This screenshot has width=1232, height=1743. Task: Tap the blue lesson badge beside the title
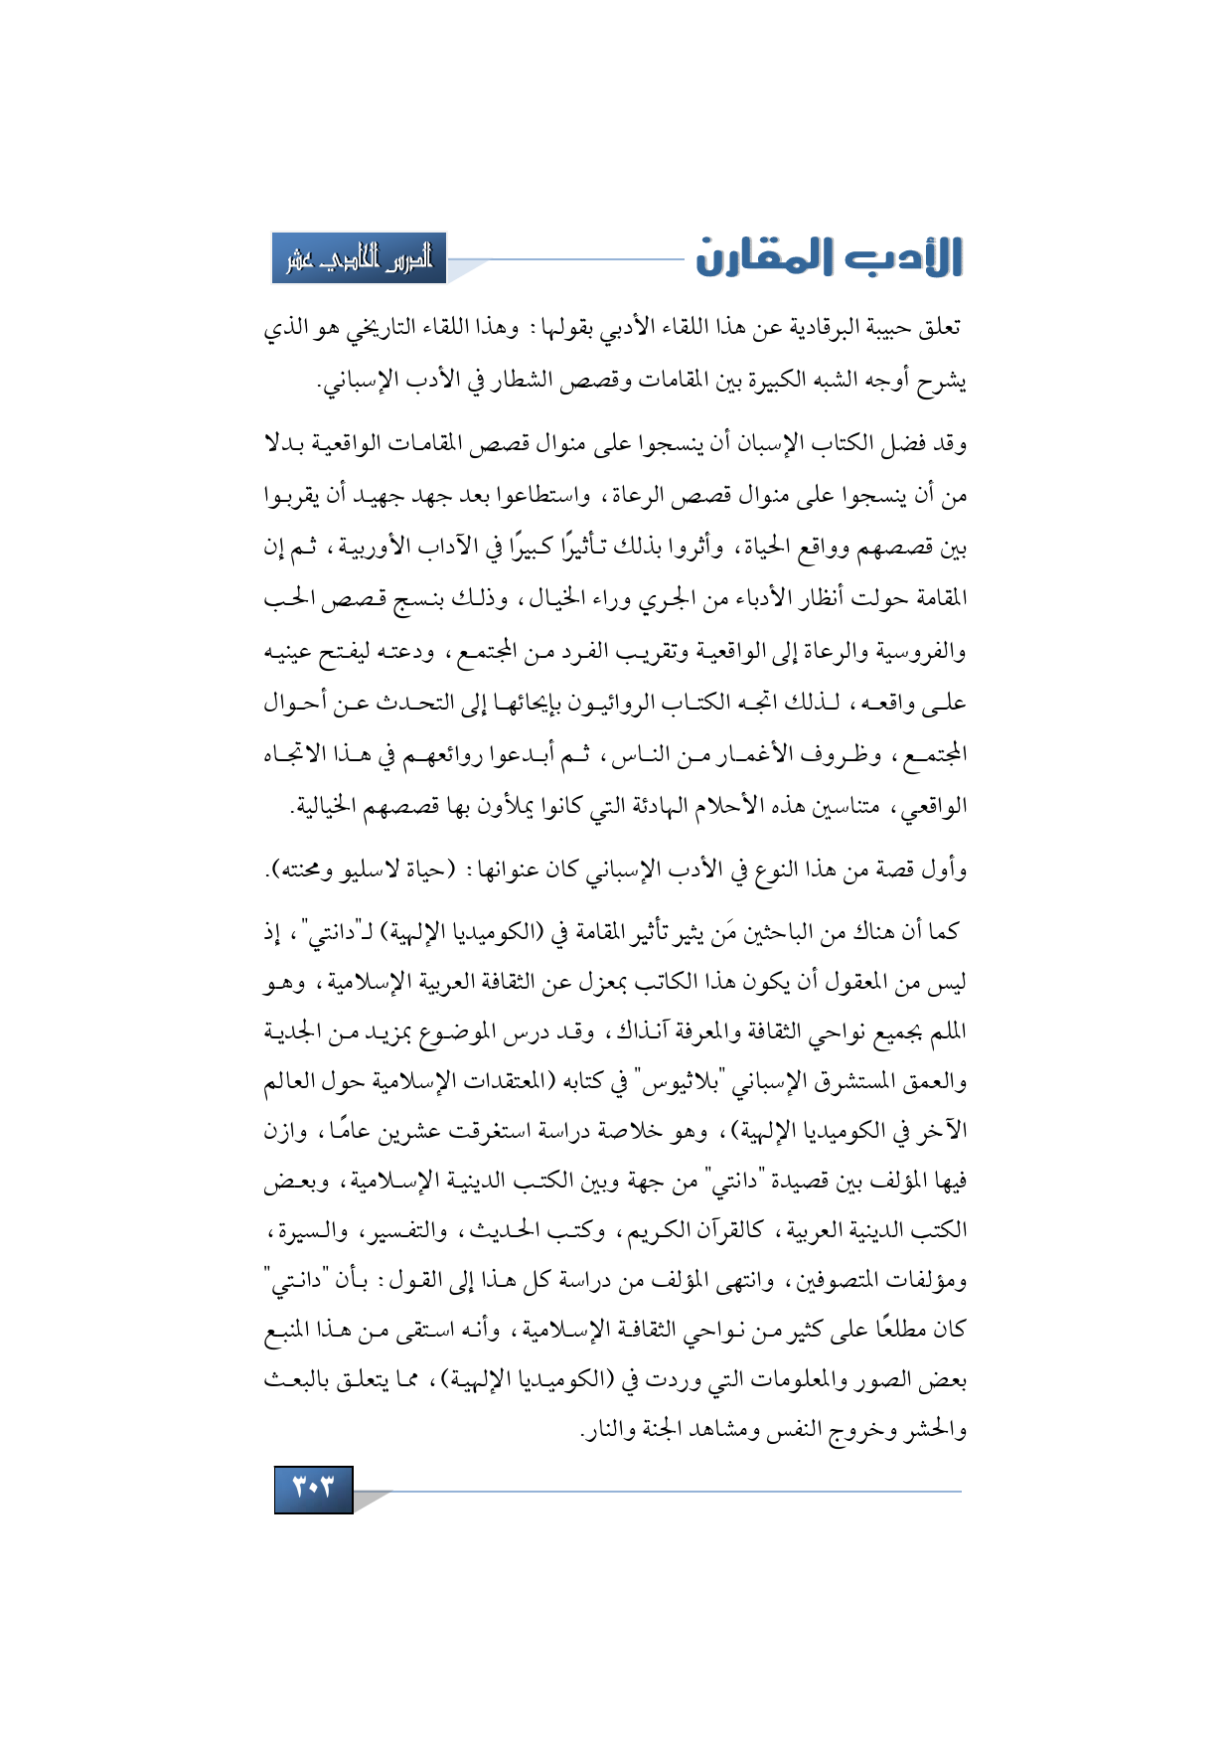[x=359, y=259]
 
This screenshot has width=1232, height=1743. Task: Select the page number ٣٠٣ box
[x=313, y=1488]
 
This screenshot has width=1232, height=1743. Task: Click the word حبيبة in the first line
[x=882, y=329]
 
